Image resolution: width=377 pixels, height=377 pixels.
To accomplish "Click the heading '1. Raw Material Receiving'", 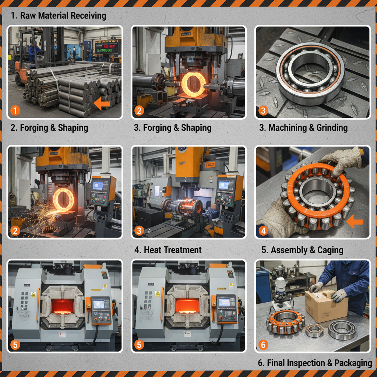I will coord(58,16).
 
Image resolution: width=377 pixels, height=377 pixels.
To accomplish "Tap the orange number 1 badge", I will coord(15,110).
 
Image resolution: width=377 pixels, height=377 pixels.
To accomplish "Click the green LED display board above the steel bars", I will coord(106,48).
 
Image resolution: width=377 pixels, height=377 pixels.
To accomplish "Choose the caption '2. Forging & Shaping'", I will coord(49,128).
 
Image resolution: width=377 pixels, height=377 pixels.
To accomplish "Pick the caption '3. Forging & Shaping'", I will coord(172,128).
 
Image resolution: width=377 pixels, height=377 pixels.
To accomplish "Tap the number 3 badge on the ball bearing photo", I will coord(263,110).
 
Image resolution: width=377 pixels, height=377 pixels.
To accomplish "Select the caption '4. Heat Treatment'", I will coord(168,250).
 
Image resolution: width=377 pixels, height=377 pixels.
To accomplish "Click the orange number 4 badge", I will coord(263,231).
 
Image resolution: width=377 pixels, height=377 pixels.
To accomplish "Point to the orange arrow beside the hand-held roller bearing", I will coord(355,221).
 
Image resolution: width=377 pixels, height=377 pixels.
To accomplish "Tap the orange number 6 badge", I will coord(263,345).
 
